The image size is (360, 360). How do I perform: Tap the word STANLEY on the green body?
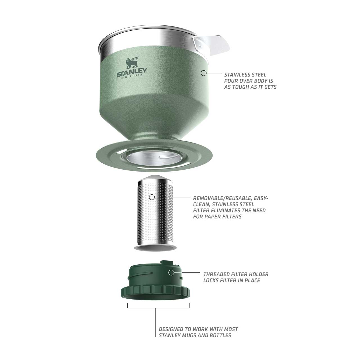tap(132, 72)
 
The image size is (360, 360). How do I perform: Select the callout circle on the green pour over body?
tap(204, 73)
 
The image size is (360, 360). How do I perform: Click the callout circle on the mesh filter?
tap(152, 197)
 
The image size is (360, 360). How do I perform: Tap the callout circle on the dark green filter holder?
tap(171, 273)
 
